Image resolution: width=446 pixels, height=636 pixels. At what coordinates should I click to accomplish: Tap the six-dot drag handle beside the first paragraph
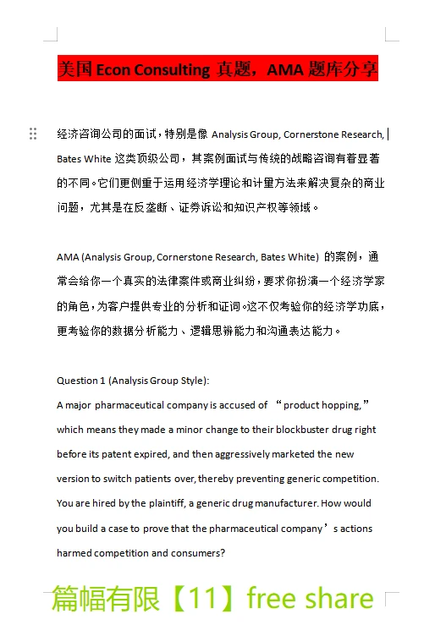[x=33, y=134]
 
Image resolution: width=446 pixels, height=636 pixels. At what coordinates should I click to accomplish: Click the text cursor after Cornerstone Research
[x=388, y=134]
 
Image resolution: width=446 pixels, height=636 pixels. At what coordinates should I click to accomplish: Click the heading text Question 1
[x=81, y=381]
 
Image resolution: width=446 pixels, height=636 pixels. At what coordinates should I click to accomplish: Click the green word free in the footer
[x=273, y=599]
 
